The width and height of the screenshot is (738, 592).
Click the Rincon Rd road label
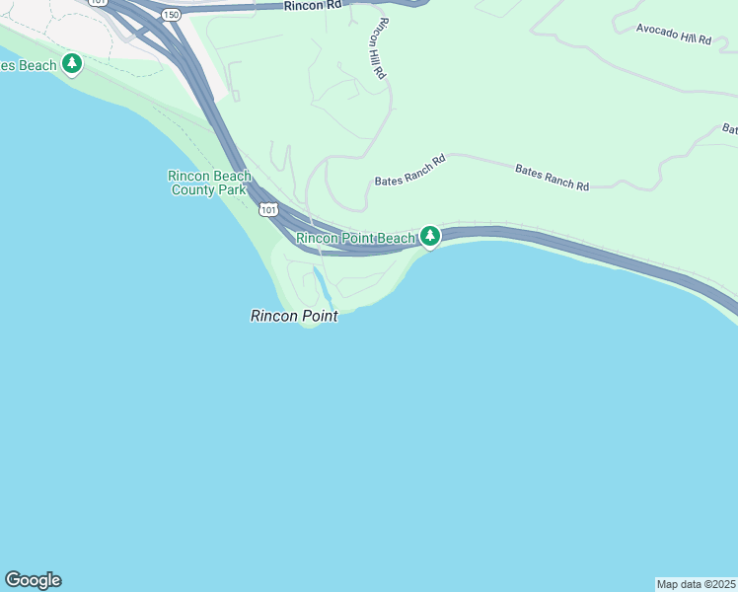coord(312,6)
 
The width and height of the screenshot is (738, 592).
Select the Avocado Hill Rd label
coord(674,36)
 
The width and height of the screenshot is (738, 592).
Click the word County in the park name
coord(193,189)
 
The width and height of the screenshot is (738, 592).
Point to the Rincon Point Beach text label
coord(356,238)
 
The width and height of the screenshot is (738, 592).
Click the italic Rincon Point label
coord(294,316)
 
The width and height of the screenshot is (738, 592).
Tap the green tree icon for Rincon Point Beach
coord(430,236)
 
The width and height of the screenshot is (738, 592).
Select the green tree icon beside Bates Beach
coord(72,64)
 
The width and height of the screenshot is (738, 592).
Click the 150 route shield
coord(172,15)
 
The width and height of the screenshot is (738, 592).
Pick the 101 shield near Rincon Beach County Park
coord(268,210)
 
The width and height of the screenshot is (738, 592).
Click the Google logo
coord(33,580)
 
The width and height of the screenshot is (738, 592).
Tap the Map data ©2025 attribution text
coord(696,584)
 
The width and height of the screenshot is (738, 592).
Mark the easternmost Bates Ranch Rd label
coord(552,178)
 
